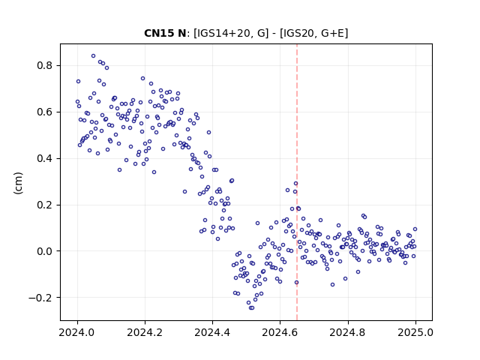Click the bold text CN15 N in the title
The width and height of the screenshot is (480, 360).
[x=165, y=33]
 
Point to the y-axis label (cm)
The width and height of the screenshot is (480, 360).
[x=18, y=183]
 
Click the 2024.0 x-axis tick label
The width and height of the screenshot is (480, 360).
[x=77, y=332]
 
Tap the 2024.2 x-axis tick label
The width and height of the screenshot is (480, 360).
[x=145, y=332]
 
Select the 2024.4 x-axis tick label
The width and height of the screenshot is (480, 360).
[x=212, y=332]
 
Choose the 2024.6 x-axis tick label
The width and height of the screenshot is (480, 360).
[x=280, y=332]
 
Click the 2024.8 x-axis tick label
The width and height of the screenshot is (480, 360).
[x=348, y=332]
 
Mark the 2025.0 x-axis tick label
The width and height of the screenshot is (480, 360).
[x=415, y=332]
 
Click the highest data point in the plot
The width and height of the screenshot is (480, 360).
[x=93, y=56]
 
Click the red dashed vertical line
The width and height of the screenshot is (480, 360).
[x=297, y=182]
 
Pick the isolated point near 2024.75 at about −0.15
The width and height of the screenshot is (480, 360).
[x=332, y=285]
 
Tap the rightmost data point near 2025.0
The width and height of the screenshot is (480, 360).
[x=415, y=229]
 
